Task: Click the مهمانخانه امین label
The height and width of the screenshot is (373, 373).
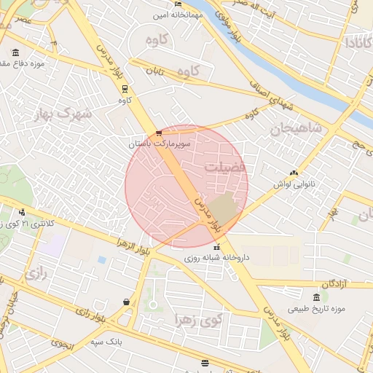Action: [171, 15]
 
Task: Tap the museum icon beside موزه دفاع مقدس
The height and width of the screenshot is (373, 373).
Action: [16, 52]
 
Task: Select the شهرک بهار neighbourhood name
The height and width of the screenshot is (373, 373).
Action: [65, 114]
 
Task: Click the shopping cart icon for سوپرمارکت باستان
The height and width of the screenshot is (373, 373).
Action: [159, 133]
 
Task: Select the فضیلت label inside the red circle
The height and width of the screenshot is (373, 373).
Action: [226, 167]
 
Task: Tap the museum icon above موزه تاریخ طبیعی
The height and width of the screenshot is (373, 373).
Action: [315, 297]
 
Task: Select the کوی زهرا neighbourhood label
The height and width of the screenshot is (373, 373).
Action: [197, 319]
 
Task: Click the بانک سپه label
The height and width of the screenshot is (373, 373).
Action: [106, 342]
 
